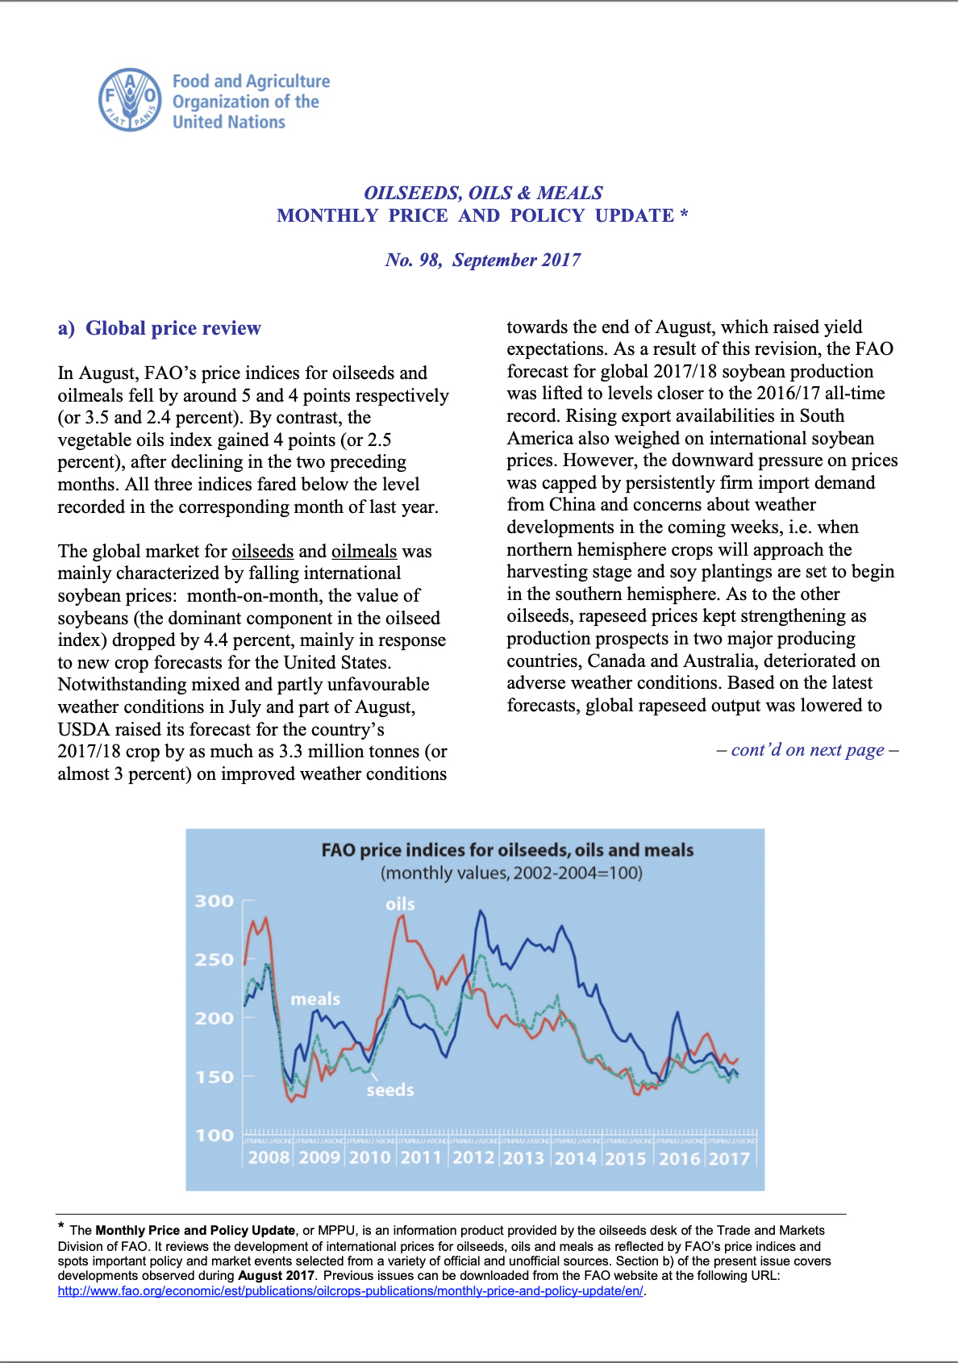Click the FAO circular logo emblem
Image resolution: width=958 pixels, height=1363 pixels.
[130, 100]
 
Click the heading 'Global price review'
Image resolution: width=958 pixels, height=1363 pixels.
[173, 328]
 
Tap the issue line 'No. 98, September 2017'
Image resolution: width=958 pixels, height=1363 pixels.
[482, 260]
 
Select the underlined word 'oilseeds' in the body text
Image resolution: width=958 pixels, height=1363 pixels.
[263, 551]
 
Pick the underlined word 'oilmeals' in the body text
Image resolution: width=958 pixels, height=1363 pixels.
[364, 551]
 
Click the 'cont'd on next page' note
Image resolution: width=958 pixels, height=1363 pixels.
[807, 749]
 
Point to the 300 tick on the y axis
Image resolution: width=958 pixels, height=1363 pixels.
[215, 901]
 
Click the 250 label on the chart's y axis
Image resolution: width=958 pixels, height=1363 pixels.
[215, 960]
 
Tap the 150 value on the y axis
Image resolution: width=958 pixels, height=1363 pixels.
[215, 1077]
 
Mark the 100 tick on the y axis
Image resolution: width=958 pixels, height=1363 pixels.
[215, 1135]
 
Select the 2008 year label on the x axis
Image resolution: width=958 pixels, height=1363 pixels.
[269, 1158]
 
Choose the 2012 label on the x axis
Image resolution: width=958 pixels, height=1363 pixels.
[473, 1158]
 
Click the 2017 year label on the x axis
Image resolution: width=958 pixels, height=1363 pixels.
[729, 1158]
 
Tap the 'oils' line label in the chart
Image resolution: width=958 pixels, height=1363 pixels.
[400, 904]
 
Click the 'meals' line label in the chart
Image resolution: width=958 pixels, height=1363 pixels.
[315, 999]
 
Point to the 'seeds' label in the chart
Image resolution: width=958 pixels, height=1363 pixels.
[390, 1090]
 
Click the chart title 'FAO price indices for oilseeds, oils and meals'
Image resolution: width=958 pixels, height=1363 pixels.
[507, 850]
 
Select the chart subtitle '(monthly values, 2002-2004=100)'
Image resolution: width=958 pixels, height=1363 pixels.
[511, 873]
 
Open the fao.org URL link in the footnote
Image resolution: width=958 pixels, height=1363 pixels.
[351, 1290]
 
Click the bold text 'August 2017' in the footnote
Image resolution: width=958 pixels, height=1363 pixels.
[276, 1275]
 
